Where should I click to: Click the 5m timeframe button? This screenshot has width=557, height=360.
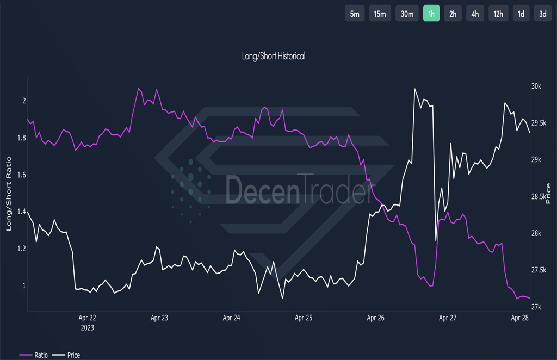click(355, 14)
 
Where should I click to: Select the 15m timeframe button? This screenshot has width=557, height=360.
click(380, 14)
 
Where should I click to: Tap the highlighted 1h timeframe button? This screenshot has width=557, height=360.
click(431, 14)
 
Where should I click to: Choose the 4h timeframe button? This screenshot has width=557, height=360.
click(475, 14)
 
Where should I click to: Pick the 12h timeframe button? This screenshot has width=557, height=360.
click(498, 14)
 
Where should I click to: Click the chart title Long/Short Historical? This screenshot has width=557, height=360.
click(274, 56)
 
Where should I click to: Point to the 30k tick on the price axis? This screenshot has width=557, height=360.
click(536, 86)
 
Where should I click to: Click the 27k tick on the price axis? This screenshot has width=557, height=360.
click(536, 307)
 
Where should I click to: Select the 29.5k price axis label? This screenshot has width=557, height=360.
click(539, 123)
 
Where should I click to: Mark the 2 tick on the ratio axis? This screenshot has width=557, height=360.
click(24, 101)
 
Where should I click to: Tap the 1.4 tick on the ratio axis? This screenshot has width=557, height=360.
click(22, 212)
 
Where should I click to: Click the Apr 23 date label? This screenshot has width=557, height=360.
click(159, 318)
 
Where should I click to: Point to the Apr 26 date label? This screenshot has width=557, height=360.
click(375, 318)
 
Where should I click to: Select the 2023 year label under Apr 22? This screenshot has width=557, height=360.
click(88, 327)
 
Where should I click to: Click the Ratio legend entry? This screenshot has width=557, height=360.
click(34, 355)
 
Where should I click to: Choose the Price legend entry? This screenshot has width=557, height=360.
click(66, 355)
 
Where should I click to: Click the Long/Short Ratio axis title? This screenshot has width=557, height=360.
click(9, 194)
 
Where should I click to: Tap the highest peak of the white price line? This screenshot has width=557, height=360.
click(414, 89)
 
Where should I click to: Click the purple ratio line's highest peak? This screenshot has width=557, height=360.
click(139, 89)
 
